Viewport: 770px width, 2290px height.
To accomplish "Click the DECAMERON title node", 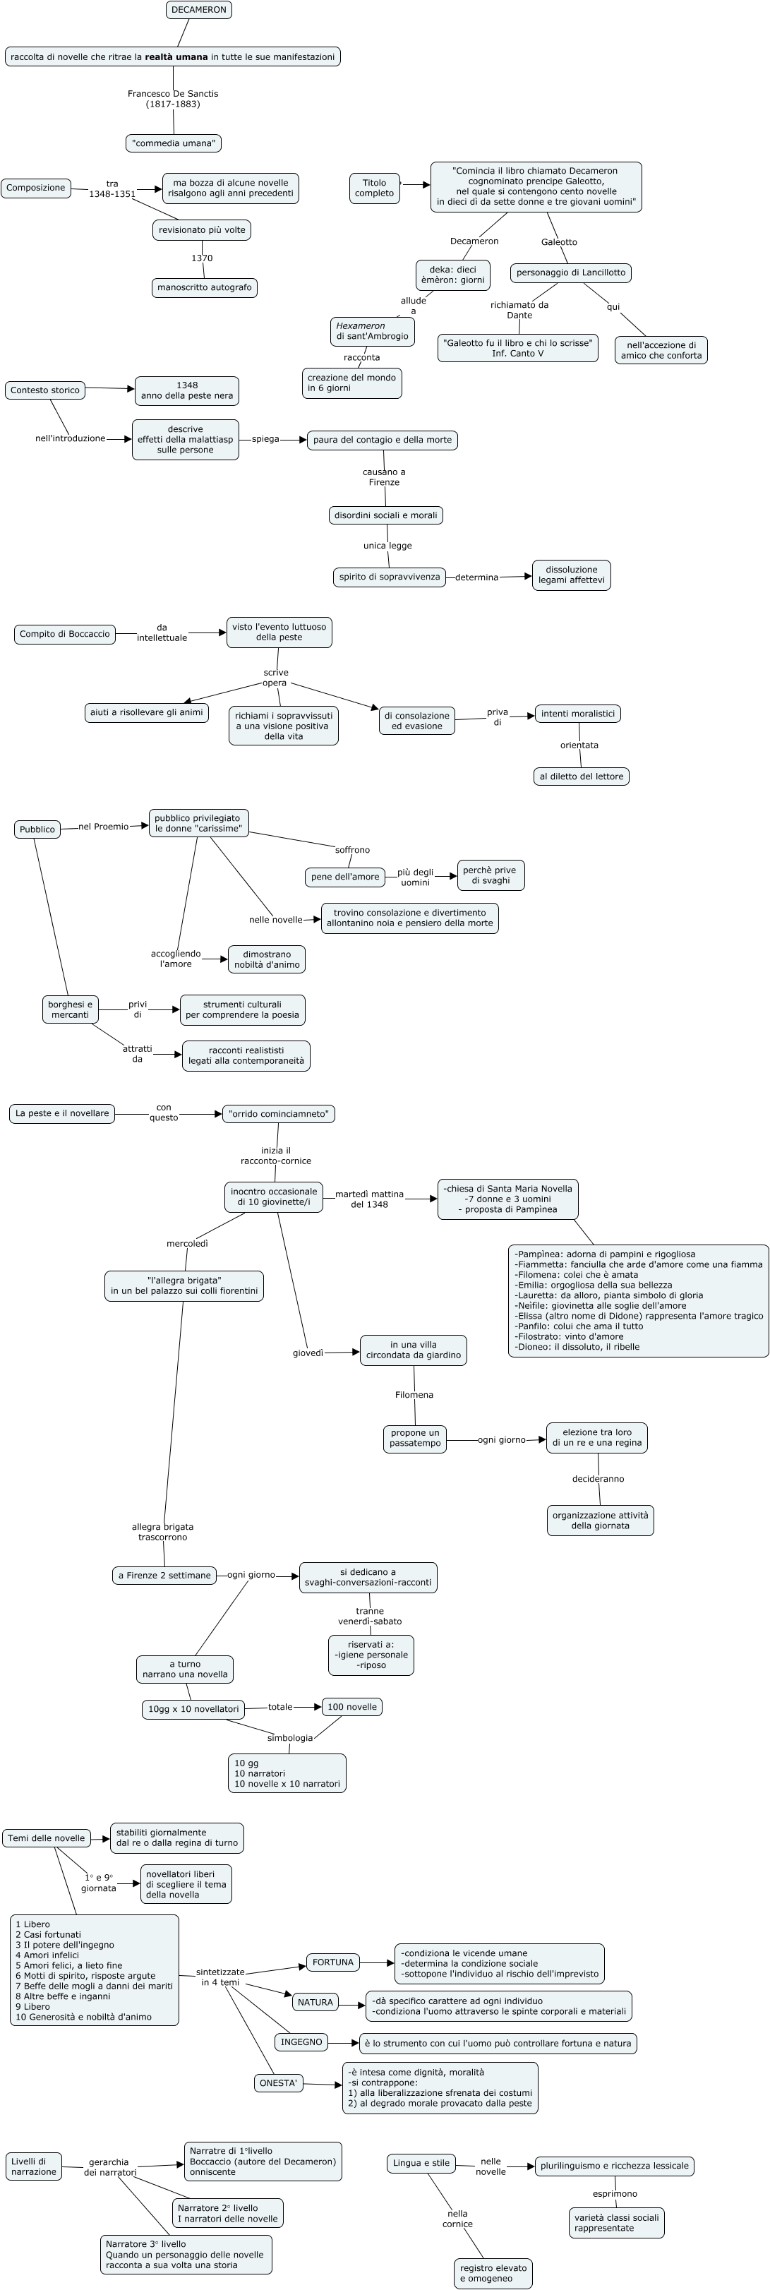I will click(198, 10).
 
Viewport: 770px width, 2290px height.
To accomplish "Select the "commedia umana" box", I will click(174, 143).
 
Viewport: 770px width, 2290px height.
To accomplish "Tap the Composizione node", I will click(35, 188).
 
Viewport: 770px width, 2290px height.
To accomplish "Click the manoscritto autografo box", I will click(205, 288).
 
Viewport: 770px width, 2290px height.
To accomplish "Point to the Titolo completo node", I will click(374, 188).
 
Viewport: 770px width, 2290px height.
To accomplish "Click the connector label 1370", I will click(202, 258).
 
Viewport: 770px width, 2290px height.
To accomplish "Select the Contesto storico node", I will click(44, 390).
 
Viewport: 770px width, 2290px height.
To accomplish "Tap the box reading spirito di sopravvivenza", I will click(390, 577).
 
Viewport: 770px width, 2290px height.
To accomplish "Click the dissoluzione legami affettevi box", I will click(571, 575).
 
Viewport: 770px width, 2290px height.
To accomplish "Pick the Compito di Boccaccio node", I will click(65, 635).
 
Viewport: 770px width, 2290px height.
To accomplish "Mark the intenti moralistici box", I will click(577, 714).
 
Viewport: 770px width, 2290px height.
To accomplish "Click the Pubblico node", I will click(37, 829).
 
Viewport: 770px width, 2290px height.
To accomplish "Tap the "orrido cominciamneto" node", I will click(278, 1114).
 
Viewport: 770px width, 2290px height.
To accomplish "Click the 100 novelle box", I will click(352, 1707).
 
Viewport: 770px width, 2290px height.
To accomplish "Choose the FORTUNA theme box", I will click(333, 1962).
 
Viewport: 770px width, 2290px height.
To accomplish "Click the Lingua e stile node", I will click(421, 2163).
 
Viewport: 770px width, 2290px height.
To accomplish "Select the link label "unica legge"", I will click(387, 546).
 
